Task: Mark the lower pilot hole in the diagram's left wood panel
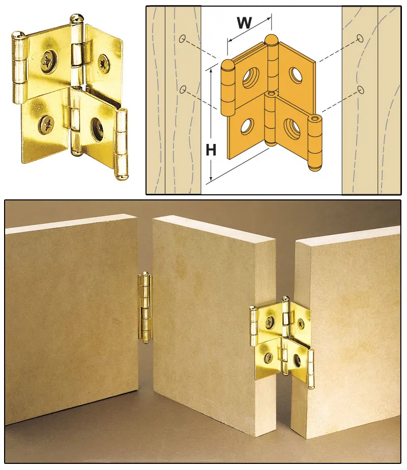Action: (183, 90)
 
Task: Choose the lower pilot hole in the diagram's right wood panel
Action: (360, 90)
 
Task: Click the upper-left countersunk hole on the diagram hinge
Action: (250, 77)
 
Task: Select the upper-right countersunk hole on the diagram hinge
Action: (296, 75)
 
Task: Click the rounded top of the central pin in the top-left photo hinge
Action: (77, 18)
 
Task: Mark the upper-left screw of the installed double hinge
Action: (269, 320)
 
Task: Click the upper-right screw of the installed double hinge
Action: (301, 322)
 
